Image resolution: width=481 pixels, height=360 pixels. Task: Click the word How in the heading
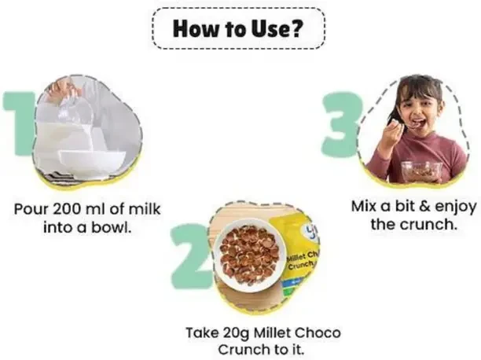(x=197, y=28)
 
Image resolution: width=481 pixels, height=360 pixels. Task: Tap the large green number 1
(x=19, y=123)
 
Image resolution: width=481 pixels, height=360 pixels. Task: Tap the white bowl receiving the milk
(x=92, y=162)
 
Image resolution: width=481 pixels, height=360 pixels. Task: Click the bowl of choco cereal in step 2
(x=250, y=254)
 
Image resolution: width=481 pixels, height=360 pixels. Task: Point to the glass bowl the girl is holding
(x=422, y=171)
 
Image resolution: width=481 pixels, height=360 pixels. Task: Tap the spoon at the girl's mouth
(x=405, y=124)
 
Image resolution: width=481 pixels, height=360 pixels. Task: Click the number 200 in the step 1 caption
(x=69, y=209)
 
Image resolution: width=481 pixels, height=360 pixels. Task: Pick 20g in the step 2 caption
(x=237, y=333)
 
